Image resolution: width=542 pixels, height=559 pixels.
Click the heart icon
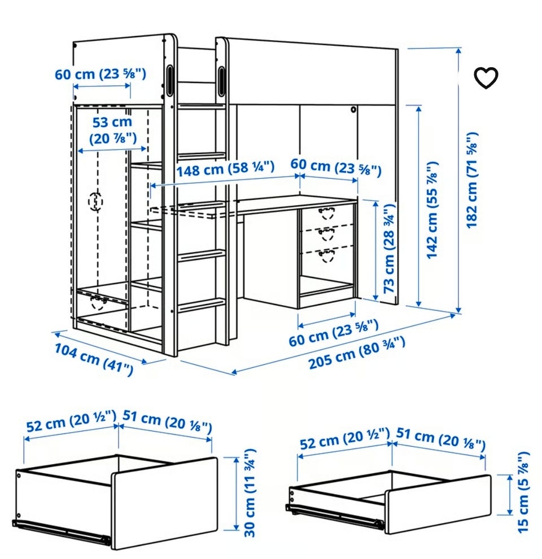pos(486,77)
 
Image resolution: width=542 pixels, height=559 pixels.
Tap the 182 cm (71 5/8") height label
pos(471,181)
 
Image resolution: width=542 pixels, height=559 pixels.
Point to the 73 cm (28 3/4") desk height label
pos(389,249)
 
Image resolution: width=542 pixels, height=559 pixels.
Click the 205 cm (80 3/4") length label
pos(356,352)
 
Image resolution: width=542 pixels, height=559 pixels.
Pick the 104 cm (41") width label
pos(94,359)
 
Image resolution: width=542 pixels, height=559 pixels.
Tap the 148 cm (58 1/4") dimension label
pos(225,169)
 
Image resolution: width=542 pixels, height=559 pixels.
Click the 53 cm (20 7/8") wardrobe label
pos(112,130)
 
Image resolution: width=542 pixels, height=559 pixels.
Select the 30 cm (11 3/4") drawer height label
pos(250,493)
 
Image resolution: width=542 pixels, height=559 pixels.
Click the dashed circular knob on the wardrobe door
pos(95,201)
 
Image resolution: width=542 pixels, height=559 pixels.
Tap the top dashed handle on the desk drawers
pos(326,213)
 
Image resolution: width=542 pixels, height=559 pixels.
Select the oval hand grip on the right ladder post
pos(221,81)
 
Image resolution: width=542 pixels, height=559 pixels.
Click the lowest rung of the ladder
pos(202,306)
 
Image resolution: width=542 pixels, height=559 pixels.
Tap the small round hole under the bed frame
pos(353,109)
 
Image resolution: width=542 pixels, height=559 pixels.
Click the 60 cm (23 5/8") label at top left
pos(100,74)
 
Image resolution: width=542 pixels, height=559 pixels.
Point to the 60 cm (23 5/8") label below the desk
pos(333,333)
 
